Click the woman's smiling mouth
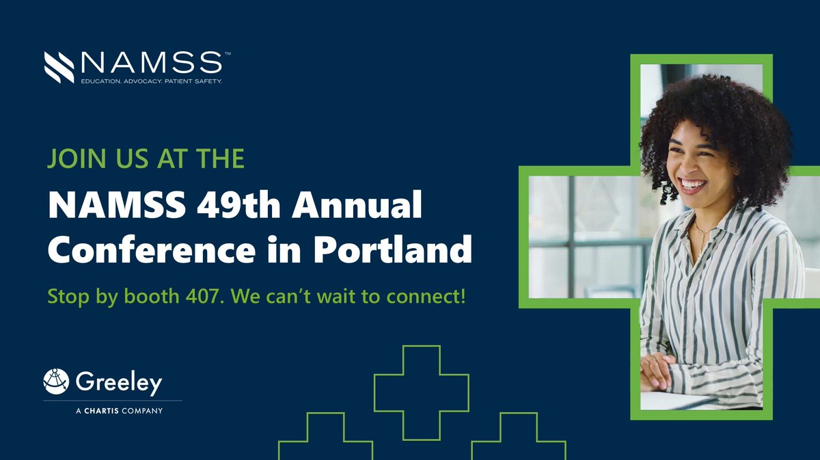coord(692,185)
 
